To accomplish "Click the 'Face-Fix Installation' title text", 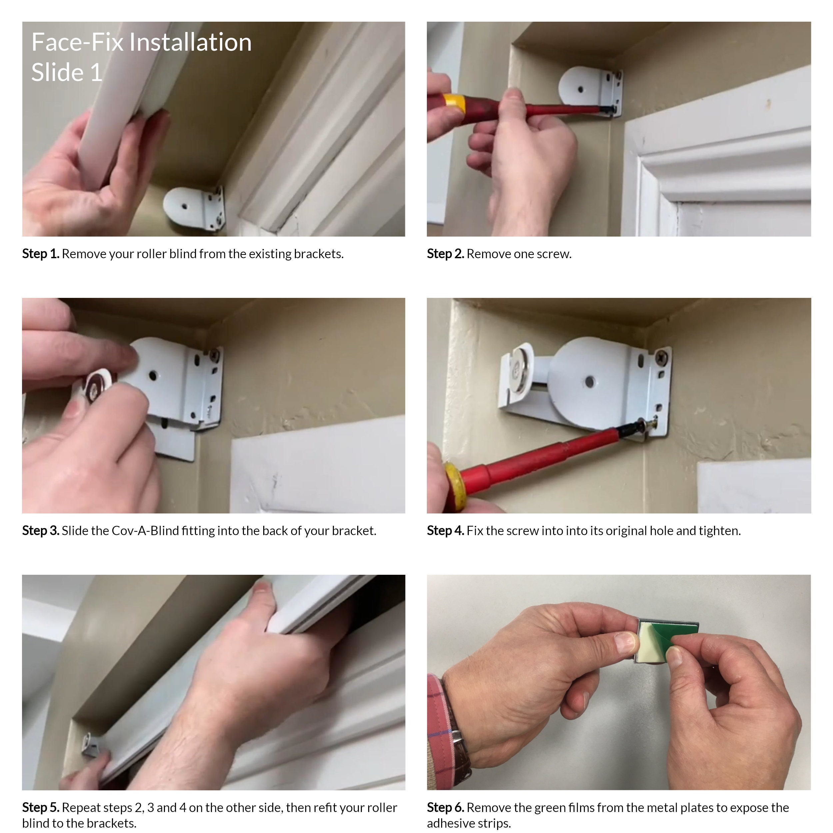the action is point(141,42).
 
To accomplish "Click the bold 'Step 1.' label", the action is point(41,254).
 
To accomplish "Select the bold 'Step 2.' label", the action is point(445,254).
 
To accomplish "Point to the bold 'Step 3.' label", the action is point(41,531).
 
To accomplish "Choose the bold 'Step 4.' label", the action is point(445,531).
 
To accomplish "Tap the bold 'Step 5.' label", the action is point(41,808).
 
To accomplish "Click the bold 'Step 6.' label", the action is point(445,808).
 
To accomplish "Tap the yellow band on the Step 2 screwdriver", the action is point(454,104).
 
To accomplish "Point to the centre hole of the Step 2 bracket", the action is point(580,90).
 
